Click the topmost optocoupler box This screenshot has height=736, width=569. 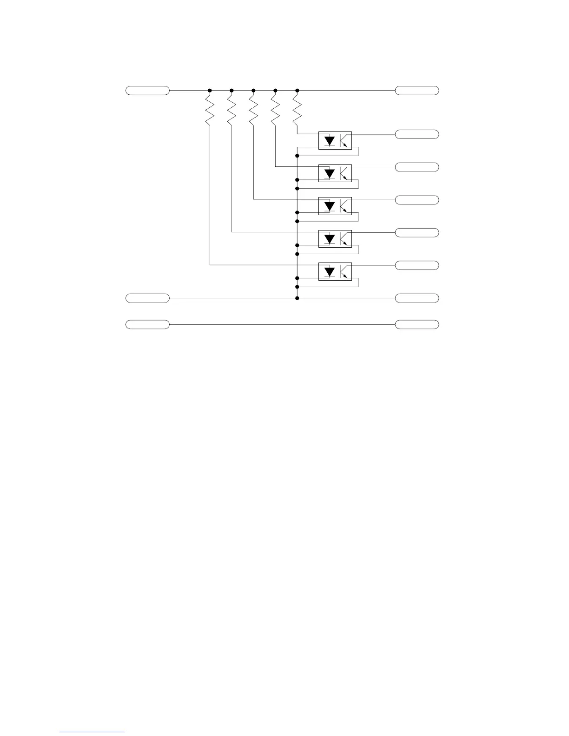click(335, 140)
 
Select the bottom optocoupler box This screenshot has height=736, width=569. click(335, 271)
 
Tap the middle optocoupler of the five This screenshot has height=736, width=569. click(335, 205)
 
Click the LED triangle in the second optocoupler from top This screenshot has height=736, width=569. click(330, 173)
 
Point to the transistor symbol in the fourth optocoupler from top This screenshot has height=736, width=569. click(345, 239)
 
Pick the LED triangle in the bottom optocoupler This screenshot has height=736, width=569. click(330, 271)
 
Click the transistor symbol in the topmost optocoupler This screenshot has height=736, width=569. click(345, 140)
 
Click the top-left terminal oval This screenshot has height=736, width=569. click(147, 90)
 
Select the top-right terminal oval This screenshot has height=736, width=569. click(417, 90)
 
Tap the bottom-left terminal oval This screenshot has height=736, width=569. click(147, 324)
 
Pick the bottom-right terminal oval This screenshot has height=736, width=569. click(417, 324)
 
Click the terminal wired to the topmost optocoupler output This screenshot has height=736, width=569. click(417, 134)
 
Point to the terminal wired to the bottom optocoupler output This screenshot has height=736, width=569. click(417, 265)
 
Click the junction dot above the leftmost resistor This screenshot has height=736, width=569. click(210, 90)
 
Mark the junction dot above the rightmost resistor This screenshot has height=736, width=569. click(297, 90)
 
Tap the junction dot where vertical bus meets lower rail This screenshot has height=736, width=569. click(297, 298)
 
